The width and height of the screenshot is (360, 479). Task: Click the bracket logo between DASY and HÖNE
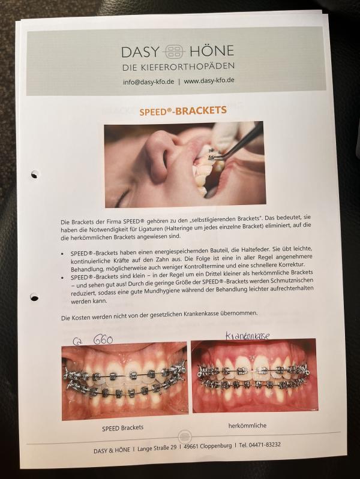tap(174, 52)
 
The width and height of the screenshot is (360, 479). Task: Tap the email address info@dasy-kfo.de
tap(148, 82)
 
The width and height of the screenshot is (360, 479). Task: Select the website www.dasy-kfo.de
tap(209, 81)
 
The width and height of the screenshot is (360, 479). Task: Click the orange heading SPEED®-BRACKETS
tap(183, 110)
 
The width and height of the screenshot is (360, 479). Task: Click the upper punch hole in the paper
tap(35, 174)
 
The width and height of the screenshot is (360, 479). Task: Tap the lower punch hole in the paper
tap(34, 297)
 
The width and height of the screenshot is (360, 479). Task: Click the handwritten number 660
tap(103, 339)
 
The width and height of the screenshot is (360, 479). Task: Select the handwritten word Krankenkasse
tap(247, 335)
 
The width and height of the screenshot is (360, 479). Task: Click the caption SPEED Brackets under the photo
tap(122, 428)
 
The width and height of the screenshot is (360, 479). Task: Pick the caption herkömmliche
tap(247, 425)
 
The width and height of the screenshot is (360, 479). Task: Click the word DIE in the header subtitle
tap(130, 68)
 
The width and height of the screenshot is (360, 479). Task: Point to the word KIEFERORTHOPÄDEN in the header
tap(187, 67)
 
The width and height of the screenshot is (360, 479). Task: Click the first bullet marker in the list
tap(62, 254)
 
